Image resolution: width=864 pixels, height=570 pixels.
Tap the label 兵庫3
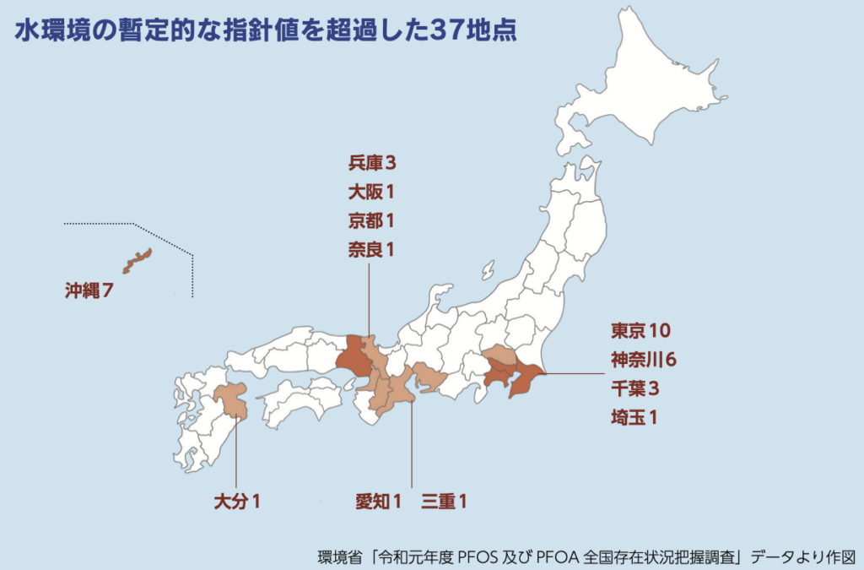pos(371,161)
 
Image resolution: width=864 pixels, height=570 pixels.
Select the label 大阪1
pos(371,191)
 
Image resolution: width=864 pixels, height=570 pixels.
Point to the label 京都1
pos(371,220)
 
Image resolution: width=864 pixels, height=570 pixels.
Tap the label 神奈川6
pos(644,359)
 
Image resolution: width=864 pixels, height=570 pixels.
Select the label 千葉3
pos(634,388)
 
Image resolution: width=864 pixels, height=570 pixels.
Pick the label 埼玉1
pos(634,416)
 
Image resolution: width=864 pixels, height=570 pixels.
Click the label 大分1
pos(236,502)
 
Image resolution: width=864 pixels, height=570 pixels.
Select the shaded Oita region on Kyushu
pos(230,399)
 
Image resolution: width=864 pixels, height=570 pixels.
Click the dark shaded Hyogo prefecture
pos(353,360)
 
